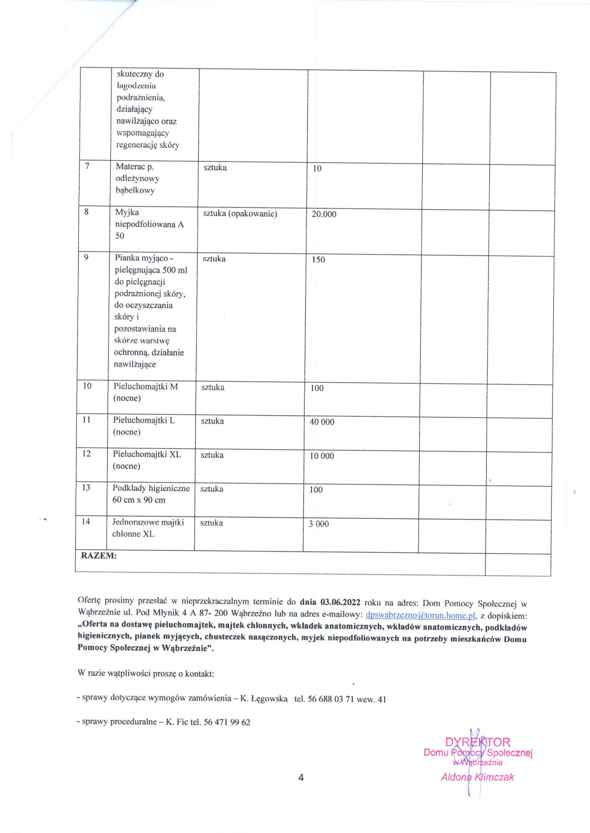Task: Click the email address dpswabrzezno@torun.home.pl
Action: coord(421,615)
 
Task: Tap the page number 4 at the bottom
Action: coord(301,777)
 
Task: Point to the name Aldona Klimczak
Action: coord(477,777)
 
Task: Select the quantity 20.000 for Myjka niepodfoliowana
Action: coord(324,214)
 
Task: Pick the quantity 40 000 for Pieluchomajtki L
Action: coord(322,422)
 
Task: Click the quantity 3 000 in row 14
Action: coord(319,524)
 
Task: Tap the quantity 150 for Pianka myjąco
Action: coord(318,260)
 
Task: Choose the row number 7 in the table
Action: coord(87,166)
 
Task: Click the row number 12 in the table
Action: coord(86,454)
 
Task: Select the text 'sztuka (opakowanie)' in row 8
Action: coord(240,214)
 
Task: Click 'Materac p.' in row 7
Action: coord(135,167)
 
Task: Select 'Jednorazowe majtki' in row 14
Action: coord(148,523)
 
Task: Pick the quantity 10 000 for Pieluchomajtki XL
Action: coord(322,456)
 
